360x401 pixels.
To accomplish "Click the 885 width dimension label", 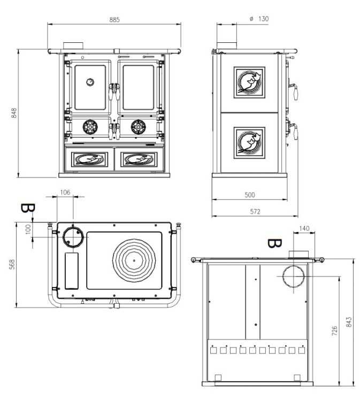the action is (114, 20).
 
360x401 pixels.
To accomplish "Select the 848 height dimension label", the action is (14, 113).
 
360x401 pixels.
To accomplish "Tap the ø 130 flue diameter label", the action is (259, 19).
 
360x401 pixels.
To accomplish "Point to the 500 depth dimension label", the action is (250, 195).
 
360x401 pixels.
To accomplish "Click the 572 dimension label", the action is (255, 212).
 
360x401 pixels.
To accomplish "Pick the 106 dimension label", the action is (65, 192).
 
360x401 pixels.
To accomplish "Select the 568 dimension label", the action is (12, 265).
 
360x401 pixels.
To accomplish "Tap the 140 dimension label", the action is (304, 228).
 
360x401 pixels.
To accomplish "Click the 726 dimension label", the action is (334, 330).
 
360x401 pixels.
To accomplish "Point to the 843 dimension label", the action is (349, 322).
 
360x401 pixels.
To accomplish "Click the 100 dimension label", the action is (28, 229).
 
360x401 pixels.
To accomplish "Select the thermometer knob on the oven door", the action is (90, 82).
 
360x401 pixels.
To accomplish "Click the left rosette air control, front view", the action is (90, 127).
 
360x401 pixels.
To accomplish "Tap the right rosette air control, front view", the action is (139, 127).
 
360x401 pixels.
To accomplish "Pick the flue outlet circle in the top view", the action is (73, 237).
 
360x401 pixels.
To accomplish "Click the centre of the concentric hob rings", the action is (134, 260).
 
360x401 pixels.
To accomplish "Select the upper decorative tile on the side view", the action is (249, 82).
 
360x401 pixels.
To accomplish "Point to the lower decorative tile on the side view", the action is (249, 143).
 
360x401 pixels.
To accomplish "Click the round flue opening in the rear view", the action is (294, 276).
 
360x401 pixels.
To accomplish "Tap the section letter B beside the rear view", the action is (274, 243).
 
